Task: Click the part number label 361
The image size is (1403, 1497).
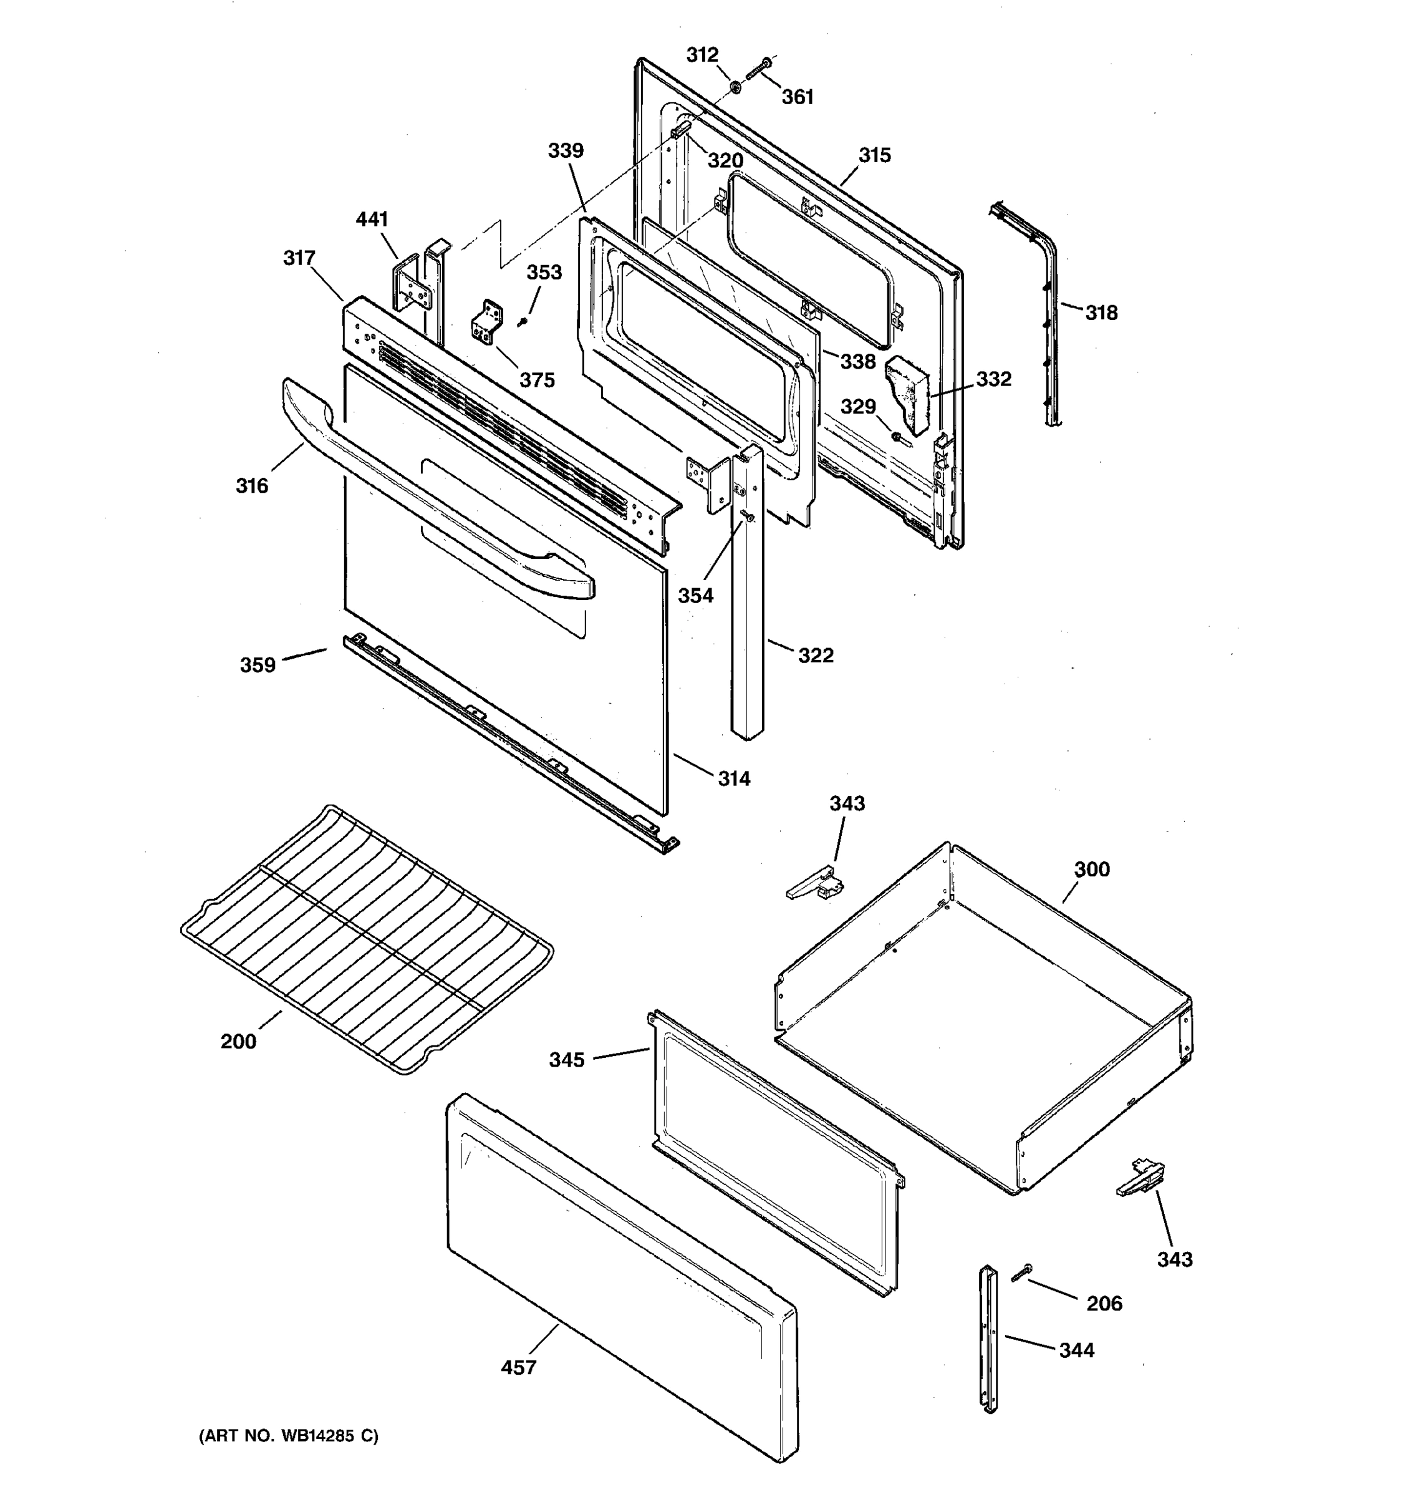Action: (x=797, y=97)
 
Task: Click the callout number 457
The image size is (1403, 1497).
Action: (x=519, y=1367)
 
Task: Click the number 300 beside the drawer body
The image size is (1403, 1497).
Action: (x=1091, y=869)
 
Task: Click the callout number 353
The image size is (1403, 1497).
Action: (x=544, y=272)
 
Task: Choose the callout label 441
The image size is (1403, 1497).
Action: (x=372, y=219)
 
